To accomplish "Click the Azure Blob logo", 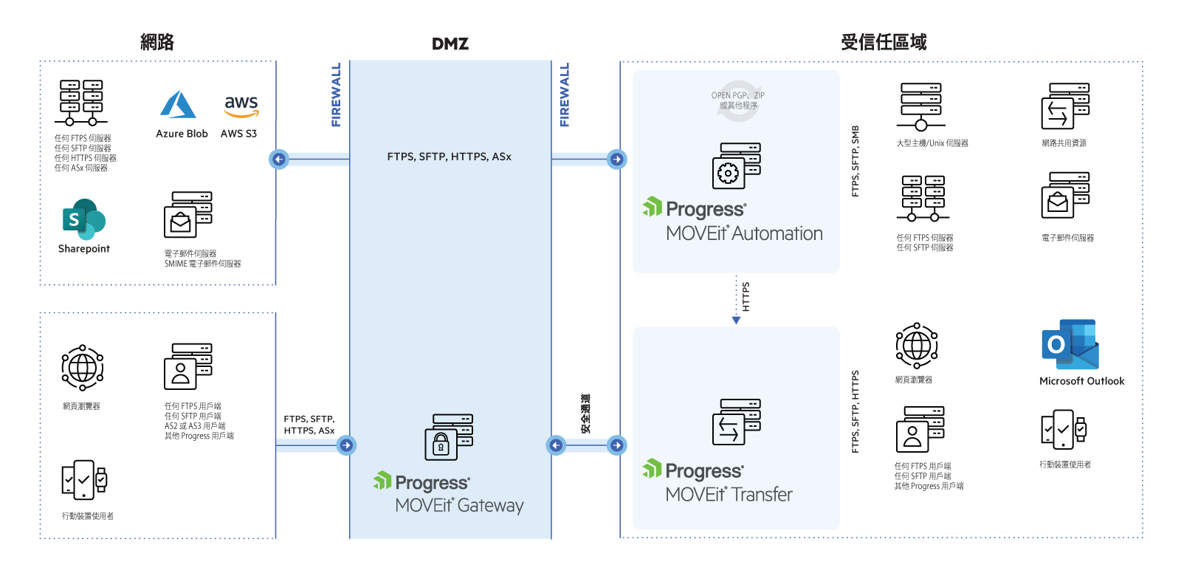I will coord(178,105).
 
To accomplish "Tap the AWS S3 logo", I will coord(241,106).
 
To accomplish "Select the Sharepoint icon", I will coord(84,219).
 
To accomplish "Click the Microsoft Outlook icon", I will coord(1070,344).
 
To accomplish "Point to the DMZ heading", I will coord(450,44).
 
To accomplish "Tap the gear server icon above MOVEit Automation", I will coord(737,165).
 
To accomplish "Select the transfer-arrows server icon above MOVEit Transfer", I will coord(736,422).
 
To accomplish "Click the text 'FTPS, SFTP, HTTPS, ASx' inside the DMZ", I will coord(449,157).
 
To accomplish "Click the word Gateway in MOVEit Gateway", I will coord(490,506).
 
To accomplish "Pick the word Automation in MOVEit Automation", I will coord(778,234).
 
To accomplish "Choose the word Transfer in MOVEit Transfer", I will coord(761,495).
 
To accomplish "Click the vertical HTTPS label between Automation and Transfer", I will coord(746,296).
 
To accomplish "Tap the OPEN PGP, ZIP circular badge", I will coord(738,100).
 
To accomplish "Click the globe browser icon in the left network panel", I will coord(82,367).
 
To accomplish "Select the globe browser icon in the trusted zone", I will coord(917,345).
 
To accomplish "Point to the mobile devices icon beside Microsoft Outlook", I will coord(1064,429).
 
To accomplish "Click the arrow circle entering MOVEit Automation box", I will coord(617,159).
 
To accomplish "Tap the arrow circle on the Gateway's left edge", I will coord(346,445).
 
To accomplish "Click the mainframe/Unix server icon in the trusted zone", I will coord(920,106).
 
